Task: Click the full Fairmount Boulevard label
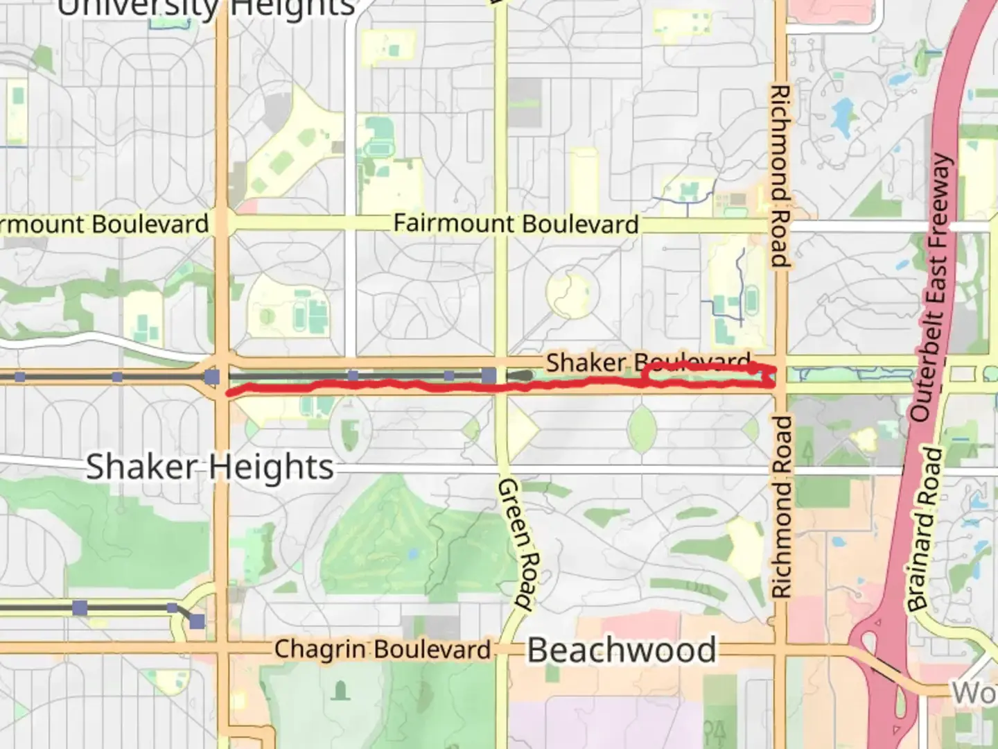tap(516, 224)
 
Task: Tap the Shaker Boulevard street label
tap(648, 362)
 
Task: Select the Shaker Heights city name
tap(209, 467)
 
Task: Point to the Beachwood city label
tap(622, 651)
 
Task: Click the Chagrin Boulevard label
tap(383, 650)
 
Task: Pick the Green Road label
tap(516, 544)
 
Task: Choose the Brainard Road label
tap(926, 528)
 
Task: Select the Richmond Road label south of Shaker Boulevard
tap(782, 506)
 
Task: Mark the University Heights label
tap(206, 8)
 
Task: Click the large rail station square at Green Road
tap(489, 376)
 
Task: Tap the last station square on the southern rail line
tap(198, 621)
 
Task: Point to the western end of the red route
tap(229, 393)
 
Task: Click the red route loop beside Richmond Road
tap(707, 375)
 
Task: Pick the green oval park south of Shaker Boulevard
tap(642, 428)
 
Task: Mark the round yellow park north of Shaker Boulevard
tap(572, 294)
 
